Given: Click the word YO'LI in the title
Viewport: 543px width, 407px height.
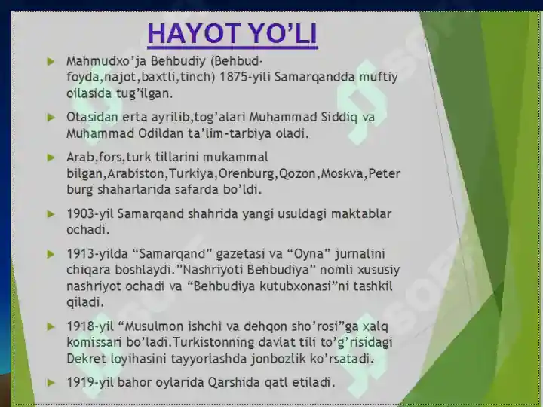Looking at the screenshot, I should pyautogui.click(x=280, y=35).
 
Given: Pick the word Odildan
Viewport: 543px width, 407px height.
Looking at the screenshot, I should pyautogui.click(x=160, y=133).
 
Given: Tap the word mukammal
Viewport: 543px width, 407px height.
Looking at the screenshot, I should pyautogui.click(x=234, y=158).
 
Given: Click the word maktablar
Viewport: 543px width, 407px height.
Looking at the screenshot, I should pyautogui.click(x=359, y=213).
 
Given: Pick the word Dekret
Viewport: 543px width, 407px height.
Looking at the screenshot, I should pyautogui.click(x=85, y=358).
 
